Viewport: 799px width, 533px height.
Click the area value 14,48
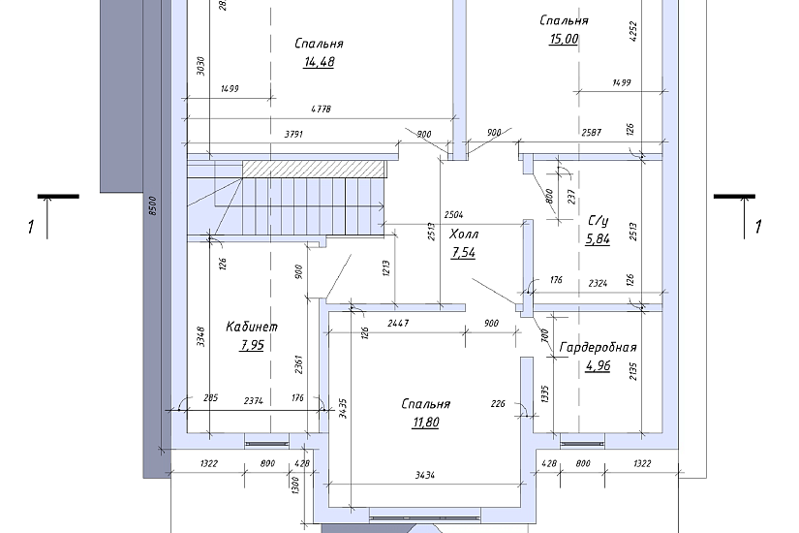(x=319, y=62)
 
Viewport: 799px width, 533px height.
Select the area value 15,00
(x=564, y=40)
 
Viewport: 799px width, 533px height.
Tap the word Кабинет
(x=252, y=327)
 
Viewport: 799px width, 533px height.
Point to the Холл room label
(x=464, y=235)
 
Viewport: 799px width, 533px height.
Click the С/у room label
(x=599, y=221)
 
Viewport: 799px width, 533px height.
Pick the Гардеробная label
(x=598, y=347)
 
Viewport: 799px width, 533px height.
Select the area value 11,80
(x=425, y=423)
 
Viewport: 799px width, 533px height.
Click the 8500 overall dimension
(x=153, y=205)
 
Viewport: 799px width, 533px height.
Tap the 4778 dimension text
(x=321, y=109)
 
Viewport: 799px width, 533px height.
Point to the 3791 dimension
(x=294, y=134)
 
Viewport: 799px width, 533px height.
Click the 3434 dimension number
(x=425, y=476)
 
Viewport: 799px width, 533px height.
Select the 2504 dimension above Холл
(x=453, y=215)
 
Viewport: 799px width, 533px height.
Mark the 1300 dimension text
(x=295, y=485)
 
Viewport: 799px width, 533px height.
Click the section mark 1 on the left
(x=31, y=227)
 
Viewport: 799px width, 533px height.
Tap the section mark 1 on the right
(x=758, y=227)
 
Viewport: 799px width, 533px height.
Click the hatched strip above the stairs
(x=313, y=169)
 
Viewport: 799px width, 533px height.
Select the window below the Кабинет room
(x=267, y=444)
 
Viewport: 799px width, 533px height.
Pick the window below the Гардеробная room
(x=582, y=444)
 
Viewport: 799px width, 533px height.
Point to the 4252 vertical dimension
(x=633, y=32)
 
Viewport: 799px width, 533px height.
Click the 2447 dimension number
(x=398, y=324)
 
